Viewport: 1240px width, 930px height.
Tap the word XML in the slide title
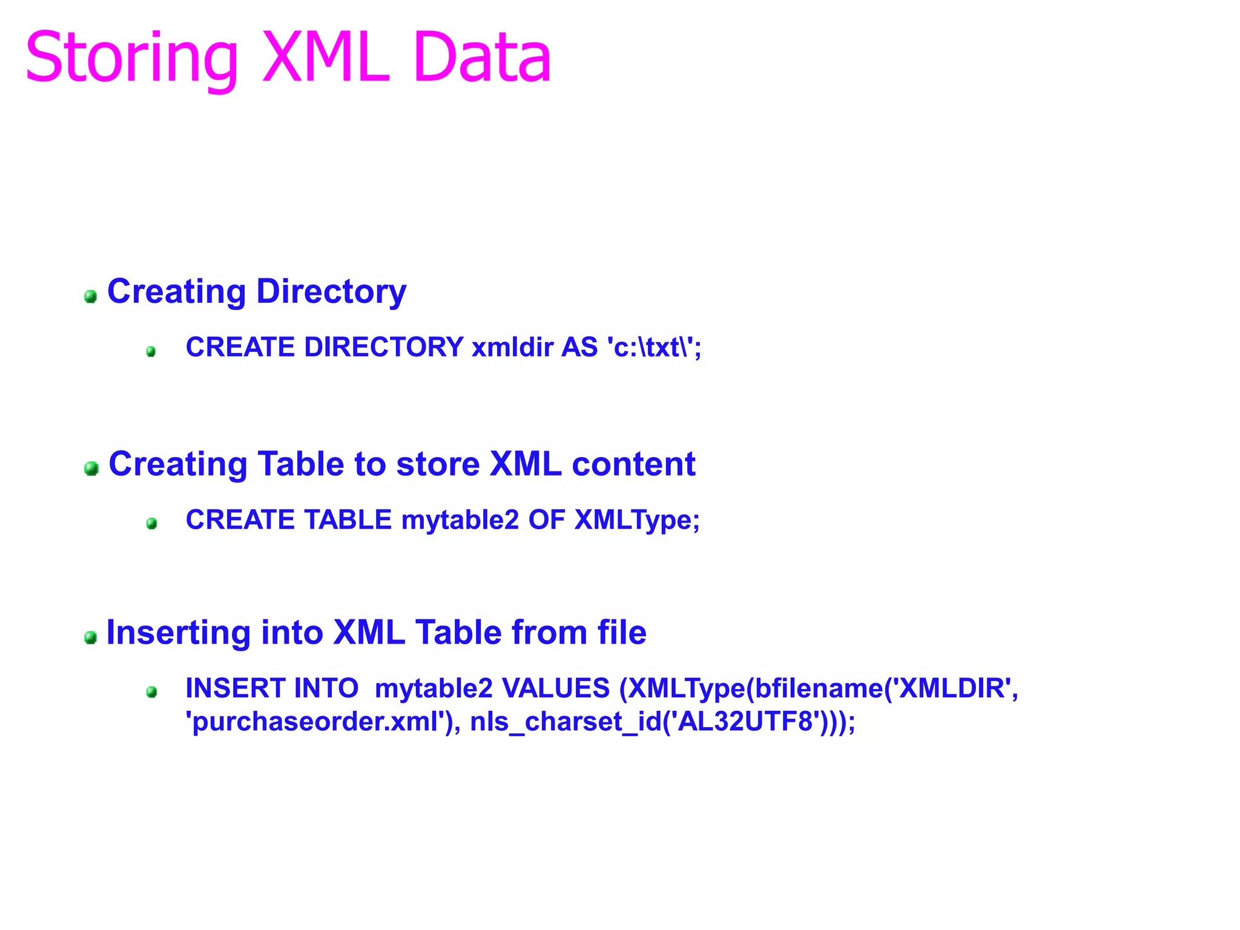(326, 58)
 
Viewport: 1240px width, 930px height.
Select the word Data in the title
(483, 58)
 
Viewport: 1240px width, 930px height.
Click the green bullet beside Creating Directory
(91, 296)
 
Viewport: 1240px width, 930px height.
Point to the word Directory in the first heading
(331, 292)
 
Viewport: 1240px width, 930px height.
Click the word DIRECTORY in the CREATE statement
(384, 348)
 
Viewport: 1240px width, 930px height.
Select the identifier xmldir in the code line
(512, 348)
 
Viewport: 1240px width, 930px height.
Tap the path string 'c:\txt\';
(654, 348)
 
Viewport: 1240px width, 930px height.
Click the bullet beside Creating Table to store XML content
(91, 468)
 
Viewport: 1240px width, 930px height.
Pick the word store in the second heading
(438, 464)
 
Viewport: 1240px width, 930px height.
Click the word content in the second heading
(633, 464)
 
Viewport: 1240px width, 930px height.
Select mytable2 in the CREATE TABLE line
(460, 520)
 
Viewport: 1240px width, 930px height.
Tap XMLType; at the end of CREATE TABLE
(637, 520)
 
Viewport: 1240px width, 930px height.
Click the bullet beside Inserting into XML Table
(91, 637)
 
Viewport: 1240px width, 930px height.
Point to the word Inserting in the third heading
(179, 633)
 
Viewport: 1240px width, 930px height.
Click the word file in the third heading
(622, 633)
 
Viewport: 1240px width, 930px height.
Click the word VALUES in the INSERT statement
(556, 688)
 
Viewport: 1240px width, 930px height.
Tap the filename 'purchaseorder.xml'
(319, 722)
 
